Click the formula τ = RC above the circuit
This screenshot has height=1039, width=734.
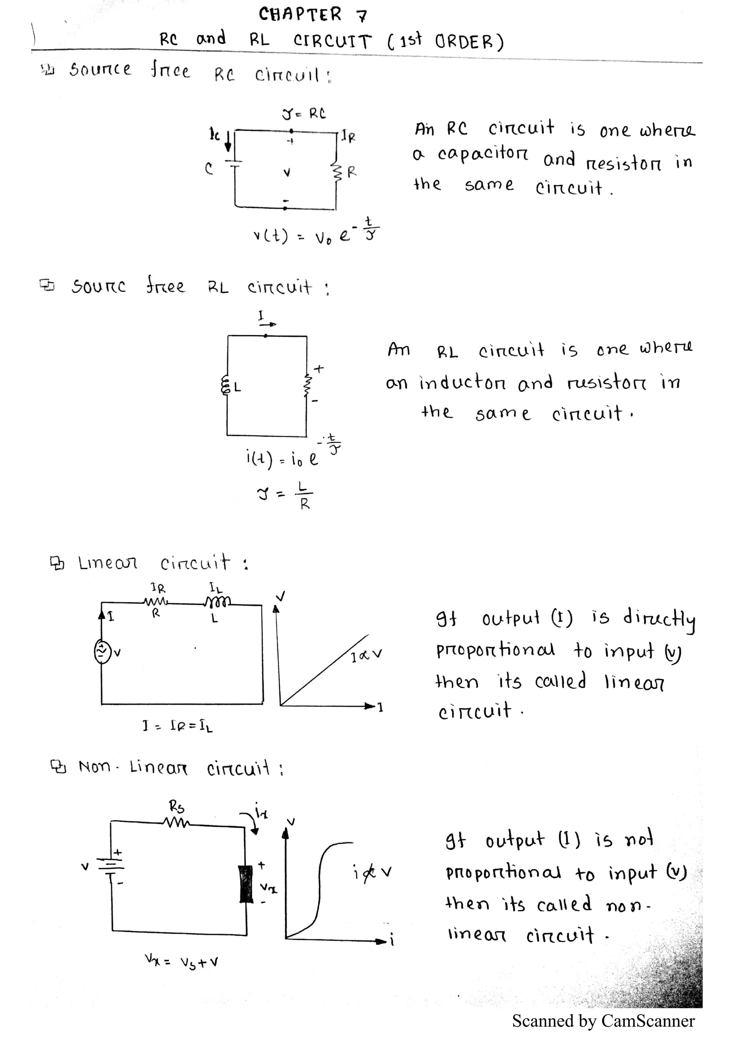[304, 114]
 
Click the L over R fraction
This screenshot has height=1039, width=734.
[304, 495]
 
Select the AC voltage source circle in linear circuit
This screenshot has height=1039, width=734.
[102, 652]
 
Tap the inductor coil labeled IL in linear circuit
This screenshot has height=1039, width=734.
[218, 601]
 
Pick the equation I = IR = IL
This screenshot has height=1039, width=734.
[177, 726]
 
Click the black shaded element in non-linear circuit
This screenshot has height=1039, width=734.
[246, 883]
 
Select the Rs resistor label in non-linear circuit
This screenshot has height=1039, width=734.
[177, 806]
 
